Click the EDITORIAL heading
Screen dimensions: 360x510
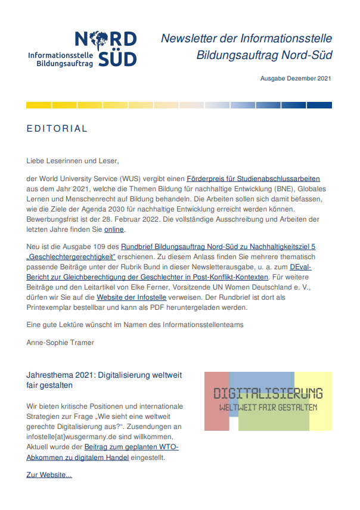point(57,129)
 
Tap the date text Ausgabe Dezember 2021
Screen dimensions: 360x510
point(296,78)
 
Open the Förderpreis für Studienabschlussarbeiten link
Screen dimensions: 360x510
point(253,178)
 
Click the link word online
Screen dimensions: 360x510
point(114,229)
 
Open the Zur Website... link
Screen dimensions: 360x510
point(49,475)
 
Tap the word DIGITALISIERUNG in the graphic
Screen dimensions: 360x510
point(268,393)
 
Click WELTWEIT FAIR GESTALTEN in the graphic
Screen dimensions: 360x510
point(268,408)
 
